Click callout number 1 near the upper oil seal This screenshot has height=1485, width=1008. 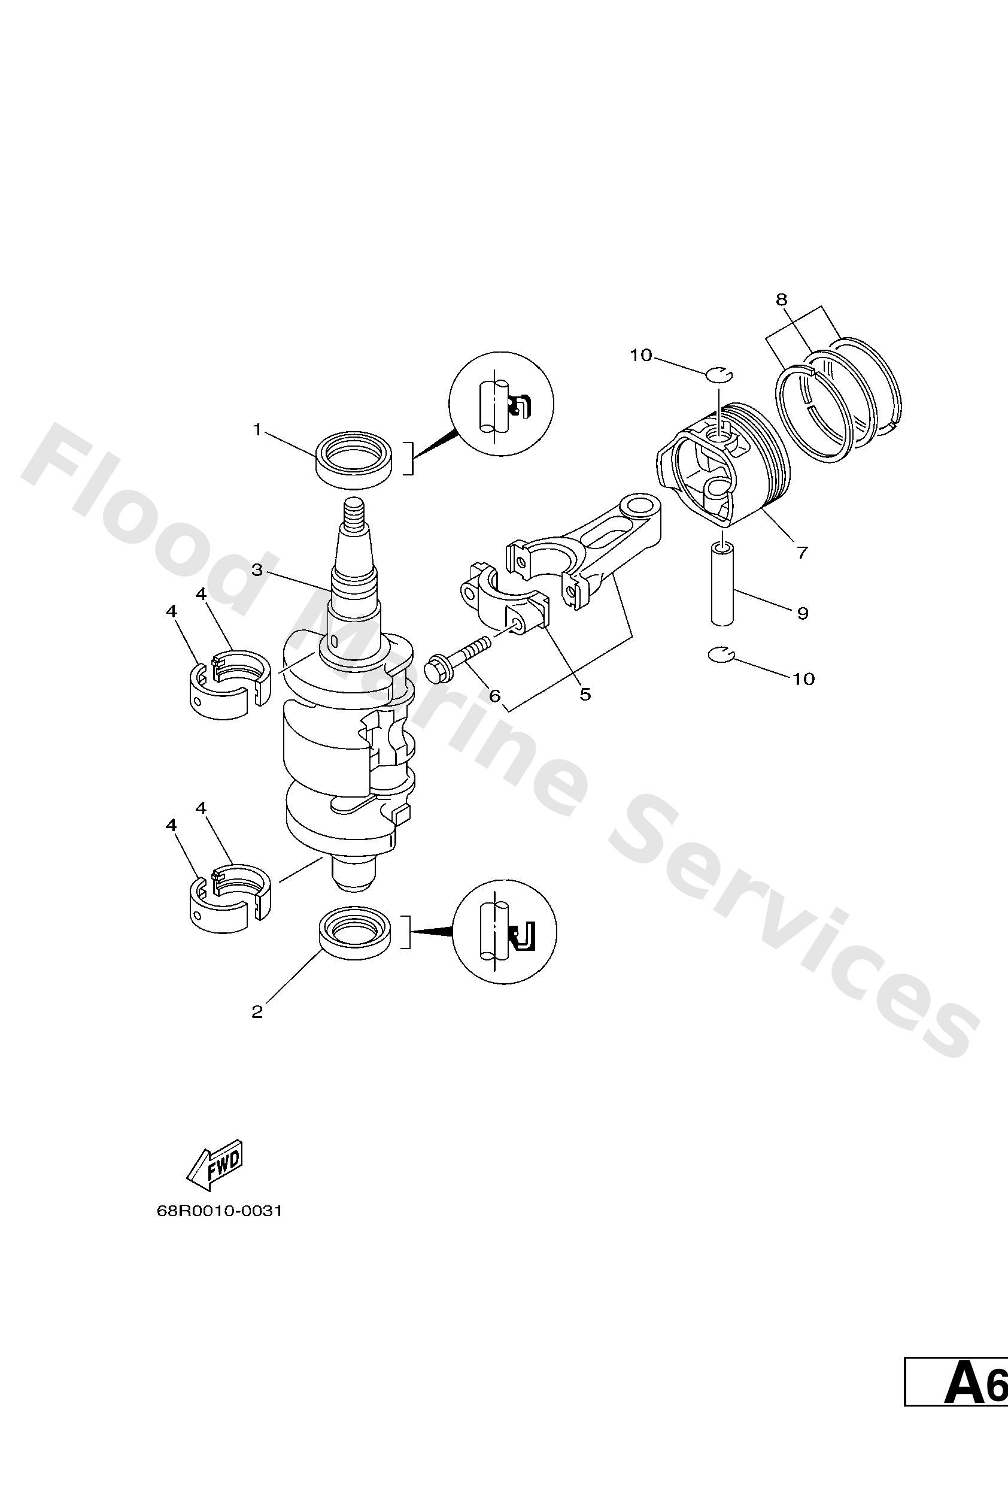(257, 430)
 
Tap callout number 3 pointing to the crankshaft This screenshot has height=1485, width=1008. (257, 570)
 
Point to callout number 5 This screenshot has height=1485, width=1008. (585, 695)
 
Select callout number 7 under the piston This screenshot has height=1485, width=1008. (802, 552)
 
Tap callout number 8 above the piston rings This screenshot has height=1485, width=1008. (781, 299)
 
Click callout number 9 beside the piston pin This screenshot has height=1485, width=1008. (803, 613)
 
